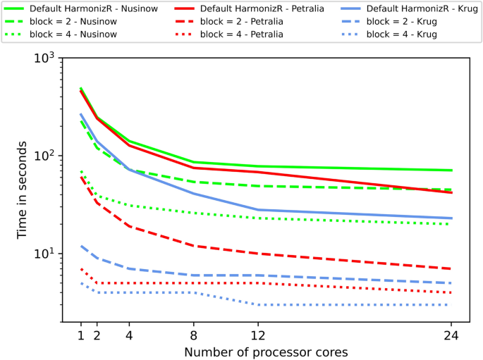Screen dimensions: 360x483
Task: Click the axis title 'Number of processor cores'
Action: coord(267,350)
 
